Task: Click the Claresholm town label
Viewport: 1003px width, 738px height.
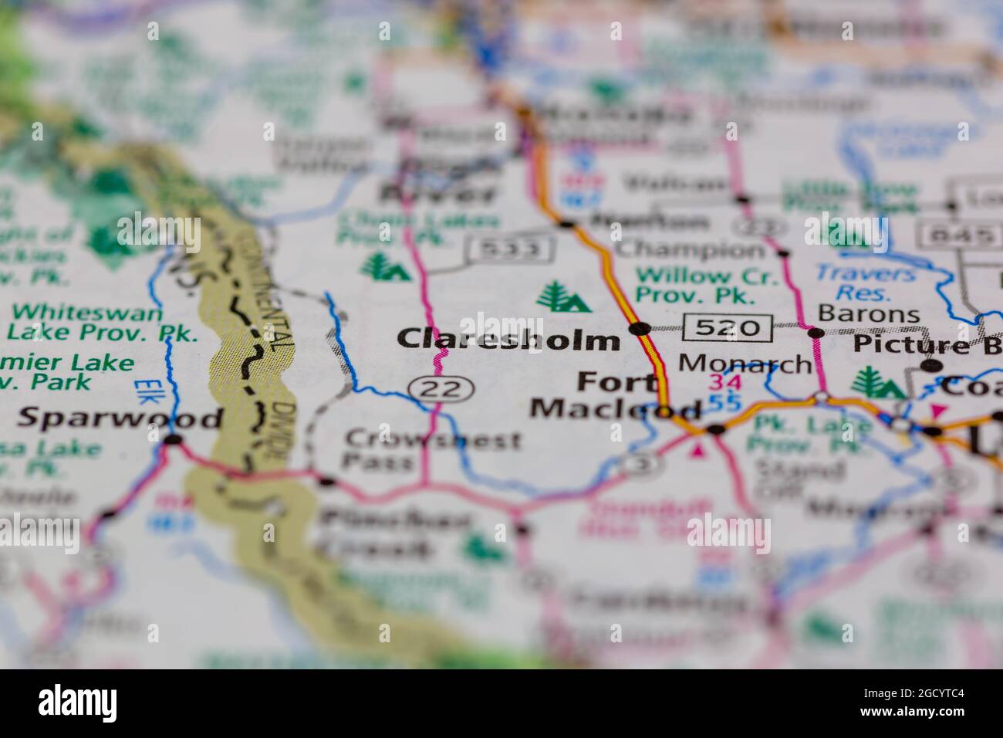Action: click(x=508, y=339)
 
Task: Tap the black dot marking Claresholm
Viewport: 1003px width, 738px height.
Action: click(x=639, y=330)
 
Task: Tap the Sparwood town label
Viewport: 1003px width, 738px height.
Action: click(x=120, y=418)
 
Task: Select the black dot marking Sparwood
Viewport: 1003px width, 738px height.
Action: click(x=174, y=439)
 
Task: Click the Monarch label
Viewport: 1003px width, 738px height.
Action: click(x=745, y=364)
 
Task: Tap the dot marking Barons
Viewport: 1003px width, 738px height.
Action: click(x=815, y=333)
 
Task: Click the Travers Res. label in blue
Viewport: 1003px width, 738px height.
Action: click(x=865, y=283)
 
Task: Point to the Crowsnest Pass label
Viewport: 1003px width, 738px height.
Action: click(x=432, y=451)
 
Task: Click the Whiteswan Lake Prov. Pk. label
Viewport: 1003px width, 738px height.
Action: click(x=104, y=323)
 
